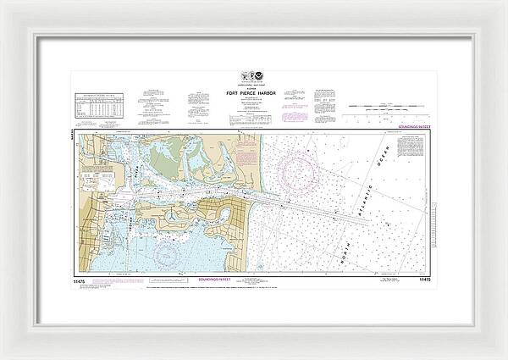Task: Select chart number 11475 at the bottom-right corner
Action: coord(427,278)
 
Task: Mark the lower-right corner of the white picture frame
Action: coord(505,357)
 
